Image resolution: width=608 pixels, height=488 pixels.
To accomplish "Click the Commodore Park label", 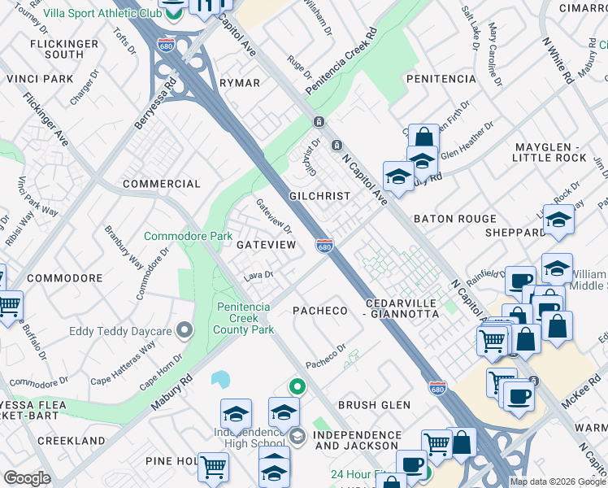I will pos(188,236).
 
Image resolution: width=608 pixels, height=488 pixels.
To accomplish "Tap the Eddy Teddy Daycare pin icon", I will pos(185,330).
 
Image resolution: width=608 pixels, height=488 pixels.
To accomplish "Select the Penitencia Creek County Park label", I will pos(245,318).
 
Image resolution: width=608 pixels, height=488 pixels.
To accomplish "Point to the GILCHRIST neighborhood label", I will pos(319,197).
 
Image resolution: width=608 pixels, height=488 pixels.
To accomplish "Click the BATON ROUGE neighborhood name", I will pos(454,219).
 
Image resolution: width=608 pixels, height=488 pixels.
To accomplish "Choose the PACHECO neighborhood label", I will pos(319,311).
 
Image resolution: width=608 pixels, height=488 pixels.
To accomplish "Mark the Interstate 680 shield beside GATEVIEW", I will pos(324,245).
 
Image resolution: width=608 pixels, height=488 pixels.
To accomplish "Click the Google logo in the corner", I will pos(27,478).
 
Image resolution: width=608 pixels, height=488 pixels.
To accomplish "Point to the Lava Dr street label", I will pos(257,277).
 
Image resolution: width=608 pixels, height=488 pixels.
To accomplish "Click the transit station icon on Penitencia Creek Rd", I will pos(319,122).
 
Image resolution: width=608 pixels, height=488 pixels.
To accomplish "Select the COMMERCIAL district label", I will pos(161,184).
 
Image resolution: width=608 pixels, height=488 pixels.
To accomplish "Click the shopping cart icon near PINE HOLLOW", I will pos(213,467).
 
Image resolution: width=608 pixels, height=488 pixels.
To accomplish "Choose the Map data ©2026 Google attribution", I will pos(557,481).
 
